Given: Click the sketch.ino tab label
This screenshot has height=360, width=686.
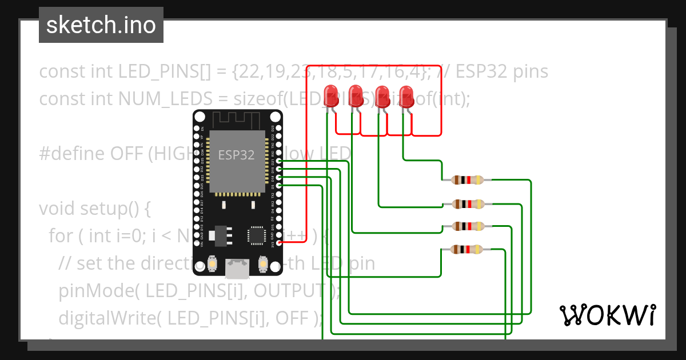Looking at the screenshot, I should click(x=101, y=25).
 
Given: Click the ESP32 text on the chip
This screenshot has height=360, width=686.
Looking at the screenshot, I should click(x=236, y=155).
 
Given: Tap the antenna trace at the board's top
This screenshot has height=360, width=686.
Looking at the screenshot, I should click(x=237, y=121).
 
